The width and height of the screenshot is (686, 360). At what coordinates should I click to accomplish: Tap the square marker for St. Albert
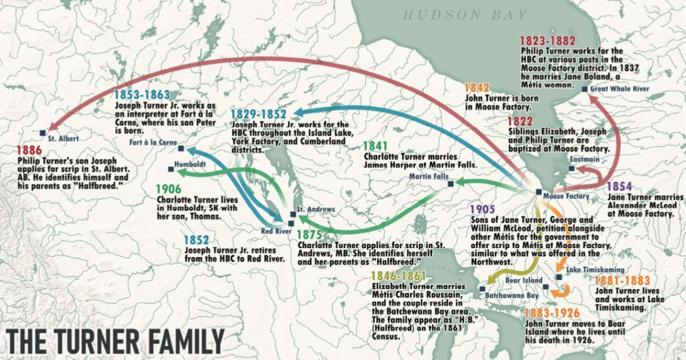(x=43, y=133)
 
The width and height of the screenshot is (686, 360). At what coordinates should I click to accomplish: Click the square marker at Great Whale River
(x=584, y=89)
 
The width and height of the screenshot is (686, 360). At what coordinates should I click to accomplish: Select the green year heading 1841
(x=376, y=146)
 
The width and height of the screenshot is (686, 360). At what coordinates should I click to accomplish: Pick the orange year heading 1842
(x=477, y=87)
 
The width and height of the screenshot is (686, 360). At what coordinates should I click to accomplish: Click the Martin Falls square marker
(x=450, y=184)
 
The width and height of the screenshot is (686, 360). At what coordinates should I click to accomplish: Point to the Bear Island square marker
(x=546, y=287)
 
